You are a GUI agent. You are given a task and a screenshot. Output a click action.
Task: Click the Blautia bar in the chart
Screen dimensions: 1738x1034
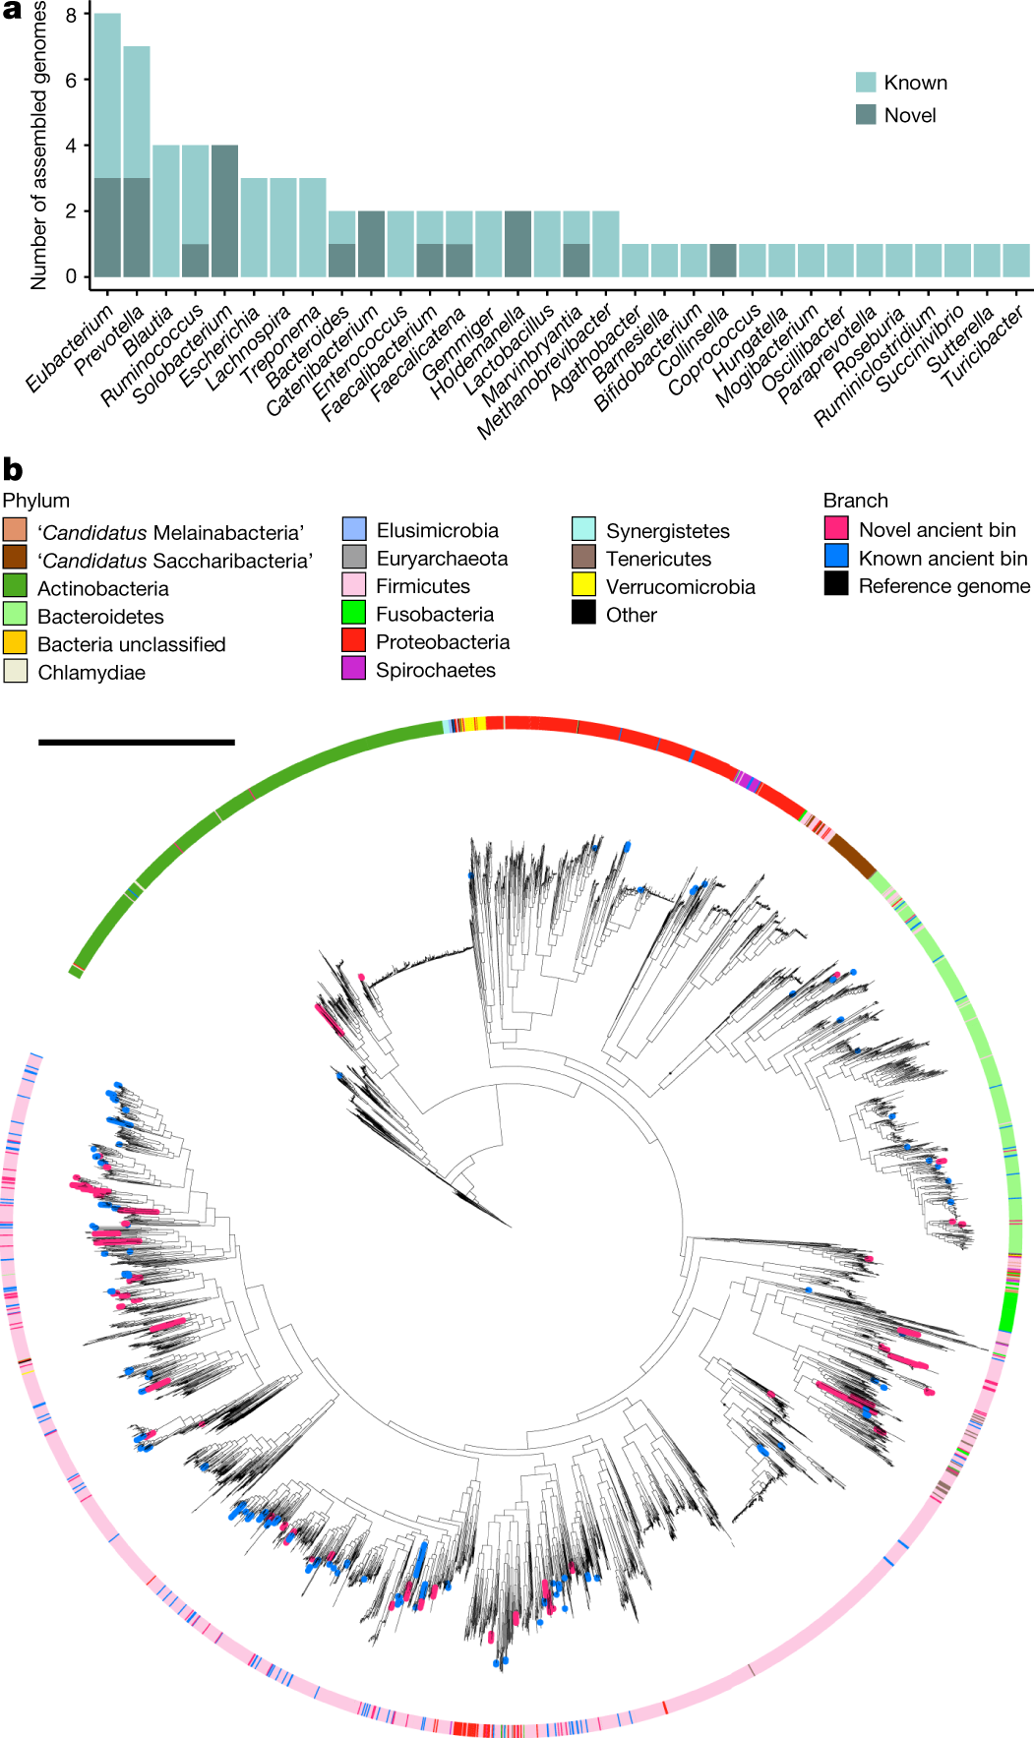click(x=166, y=210)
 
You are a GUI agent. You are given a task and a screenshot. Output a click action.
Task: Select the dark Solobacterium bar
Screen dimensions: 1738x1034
click(x=224, y=210)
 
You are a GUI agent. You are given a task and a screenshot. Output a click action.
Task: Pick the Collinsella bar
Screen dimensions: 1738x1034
click(x=723, y=261)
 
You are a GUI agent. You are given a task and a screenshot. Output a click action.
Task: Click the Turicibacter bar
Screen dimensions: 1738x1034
click(x=1016, y=261)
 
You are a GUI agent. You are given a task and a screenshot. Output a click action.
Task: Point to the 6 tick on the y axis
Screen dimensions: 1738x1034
click(x=71, y=81)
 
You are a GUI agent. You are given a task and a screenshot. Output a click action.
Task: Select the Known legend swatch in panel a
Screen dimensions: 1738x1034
click(x=866, y=82)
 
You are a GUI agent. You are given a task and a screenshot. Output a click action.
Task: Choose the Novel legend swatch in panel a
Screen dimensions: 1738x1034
click(x=866, y=114)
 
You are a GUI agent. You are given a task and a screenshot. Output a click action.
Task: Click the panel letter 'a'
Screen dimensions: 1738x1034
click(x=12, y=11)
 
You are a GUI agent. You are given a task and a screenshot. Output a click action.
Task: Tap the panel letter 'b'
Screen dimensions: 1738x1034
click(x=13, y=469)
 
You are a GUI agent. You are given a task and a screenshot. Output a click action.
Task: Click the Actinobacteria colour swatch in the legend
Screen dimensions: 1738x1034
click(x=15, y=588)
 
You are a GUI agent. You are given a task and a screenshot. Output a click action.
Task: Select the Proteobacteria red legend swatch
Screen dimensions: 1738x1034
click(x=354, y=641)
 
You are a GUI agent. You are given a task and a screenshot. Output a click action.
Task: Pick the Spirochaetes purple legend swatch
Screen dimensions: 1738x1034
click(x=354, y=669)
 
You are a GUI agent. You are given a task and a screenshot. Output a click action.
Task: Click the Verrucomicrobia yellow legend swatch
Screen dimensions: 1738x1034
click(x=583, y=586)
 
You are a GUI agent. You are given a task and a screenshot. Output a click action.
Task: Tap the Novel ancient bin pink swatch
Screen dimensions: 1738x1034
click(x=836, y=529)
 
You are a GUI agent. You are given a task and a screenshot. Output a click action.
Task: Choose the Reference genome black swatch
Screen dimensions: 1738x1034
click(x=836, y=585)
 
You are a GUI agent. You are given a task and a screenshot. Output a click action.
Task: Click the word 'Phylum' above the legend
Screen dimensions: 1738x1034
click(x=36, y=501)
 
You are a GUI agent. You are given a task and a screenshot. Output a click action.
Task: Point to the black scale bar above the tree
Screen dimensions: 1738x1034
click(x=137, y=742)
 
